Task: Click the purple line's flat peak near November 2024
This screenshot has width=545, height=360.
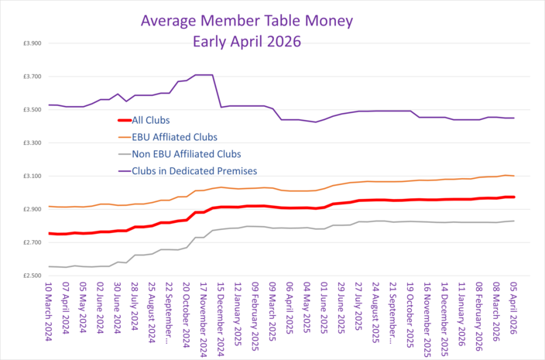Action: point(203,75)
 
